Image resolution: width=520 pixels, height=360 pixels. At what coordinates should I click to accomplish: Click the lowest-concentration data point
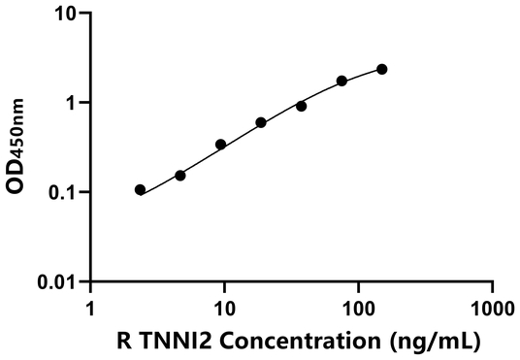click(x=140, y=190)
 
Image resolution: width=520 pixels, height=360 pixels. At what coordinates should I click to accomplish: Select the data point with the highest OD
click(x=381, y=69)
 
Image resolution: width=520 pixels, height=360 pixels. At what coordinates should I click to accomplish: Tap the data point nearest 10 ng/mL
click(x=220, y=145)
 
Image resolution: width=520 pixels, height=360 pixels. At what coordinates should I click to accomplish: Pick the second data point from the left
click(x=179, y=176)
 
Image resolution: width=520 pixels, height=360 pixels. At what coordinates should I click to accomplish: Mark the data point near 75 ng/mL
click(x=341, y=81)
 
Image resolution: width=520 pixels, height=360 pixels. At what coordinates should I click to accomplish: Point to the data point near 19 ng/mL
click(x=261, y=122)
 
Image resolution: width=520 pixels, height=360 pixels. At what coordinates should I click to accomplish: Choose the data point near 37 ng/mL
click(x=301, y=106)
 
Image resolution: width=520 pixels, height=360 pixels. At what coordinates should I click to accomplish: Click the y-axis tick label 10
click(x=65, y=15)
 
